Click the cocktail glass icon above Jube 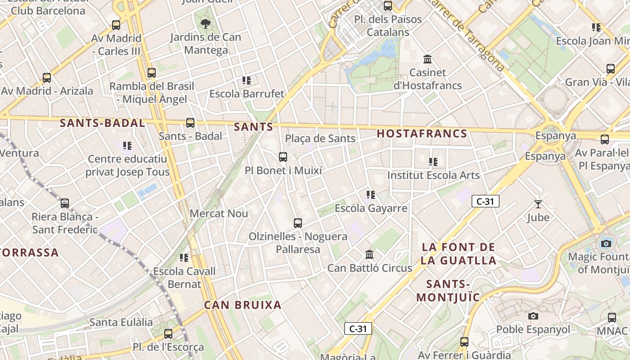point(538,204)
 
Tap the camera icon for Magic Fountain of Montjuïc point(606,243)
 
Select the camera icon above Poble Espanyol point(533,316)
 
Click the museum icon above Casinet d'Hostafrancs point(427,59)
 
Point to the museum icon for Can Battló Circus point(369,255)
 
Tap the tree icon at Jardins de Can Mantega point(206,23)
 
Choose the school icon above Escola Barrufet point(247,81)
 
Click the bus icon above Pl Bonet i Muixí point(283,157)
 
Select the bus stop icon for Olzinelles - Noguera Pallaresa point(297,223)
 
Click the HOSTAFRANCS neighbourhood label point(422,134)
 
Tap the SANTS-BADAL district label point(102,123)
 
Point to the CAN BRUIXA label point(243,305)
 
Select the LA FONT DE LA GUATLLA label point(459,253)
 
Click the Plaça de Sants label point(320,138)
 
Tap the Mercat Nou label point(219,213)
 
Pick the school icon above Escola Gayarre point(371,195)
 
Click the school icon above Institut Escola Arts point(433,162)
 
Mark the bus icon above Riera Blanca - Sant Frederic point(65,203)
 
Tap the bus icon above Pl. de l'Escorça point(168,334)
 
